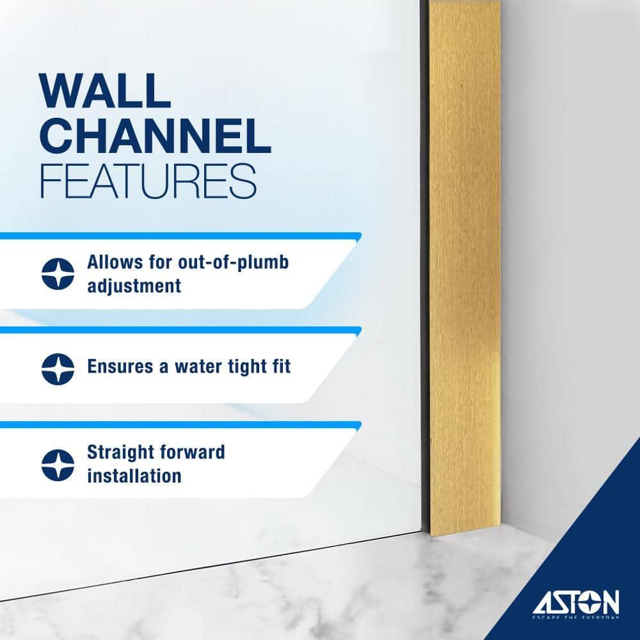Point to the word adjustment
coord(134,285)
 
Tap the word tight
coord(241,367)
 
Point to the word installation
coord(134,476)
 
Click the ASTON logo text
coord(577,602)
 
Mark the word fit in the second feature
coord(279,367)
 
